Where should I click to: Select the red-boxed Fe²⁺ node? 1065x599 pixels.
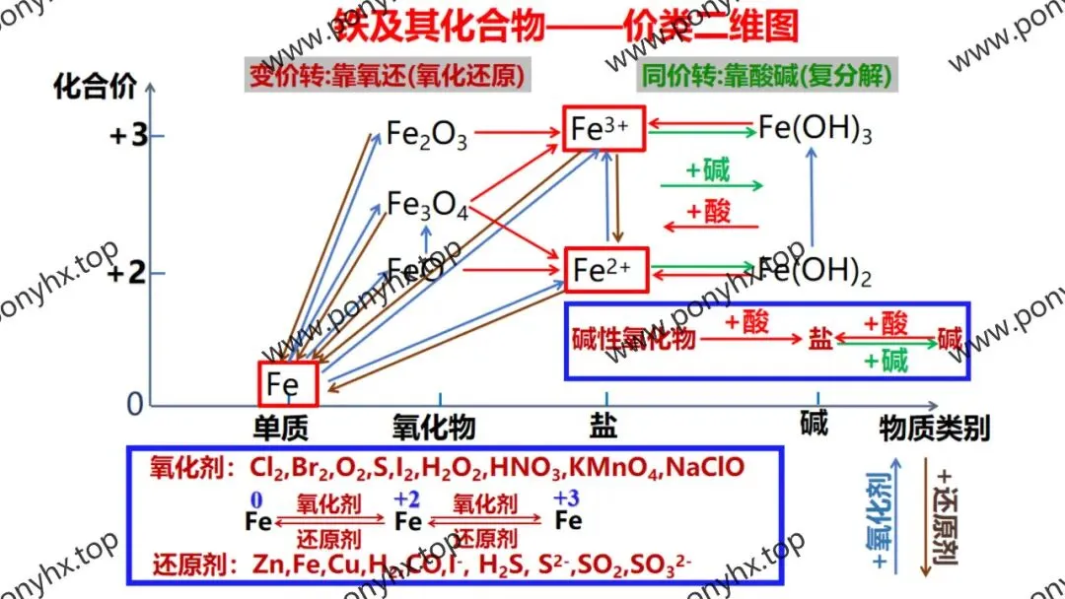click(x=605, y=270)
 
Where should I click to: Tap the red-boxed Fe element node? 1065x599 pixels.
click(x=288, y=383)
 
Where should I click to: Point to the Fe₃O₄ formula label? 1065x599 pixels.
click(x=426, y=205)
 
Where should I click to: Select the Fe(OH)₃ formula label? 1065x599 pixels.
click(x=815, y=129)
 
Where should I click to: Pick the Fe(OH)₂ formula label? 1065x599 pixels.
click(x=816, y=271)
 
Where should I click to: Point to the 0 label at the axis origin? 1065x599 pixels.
click(x=134, y=405)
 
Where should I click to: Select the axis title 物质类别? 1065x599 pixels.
click(x=934, y=428)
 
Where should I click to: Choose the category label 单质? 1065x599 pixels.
click(x=282, y=428)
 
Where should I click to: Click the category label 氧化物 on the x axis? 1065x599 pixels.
click(x=434, y=428)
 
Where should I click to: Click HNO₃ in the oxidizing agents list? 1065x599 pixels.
click(x=528, y=466)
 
